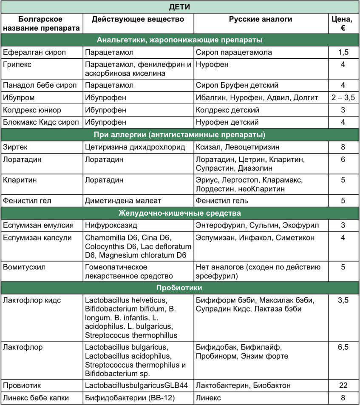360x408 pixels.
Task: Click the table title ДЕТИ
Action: (180, 7)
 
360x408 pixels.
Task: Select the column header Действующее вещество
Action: (138, 20)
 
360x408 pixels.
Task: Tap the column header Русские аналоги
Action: (261, 20)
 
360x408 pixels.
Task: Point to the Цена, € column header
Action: (343, 24)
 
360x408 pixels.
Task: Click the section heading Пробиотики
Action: (180, 288)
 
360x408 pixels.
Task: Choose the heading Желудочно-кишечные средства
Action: (180, 213)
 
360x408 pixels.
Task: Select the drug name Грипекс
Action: (17, 65)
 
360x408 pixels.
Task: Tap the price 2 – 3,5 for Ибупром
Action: (343, 97)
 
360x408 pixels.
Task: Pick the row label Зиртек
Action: (15, 147)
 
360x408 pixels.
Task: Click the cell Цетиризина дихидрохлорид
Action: (135, 147)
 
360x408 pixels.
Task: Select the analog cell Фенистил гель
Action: (222, 200)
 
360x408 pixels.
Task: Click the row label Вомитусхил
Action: (24, 267)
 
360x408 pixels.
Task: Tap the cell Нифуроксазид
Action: (111, 225)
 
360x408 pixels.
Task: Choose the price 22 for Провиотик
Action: (343, 385)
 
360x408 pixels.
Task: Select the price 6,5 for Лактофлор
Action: (343, 347)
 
